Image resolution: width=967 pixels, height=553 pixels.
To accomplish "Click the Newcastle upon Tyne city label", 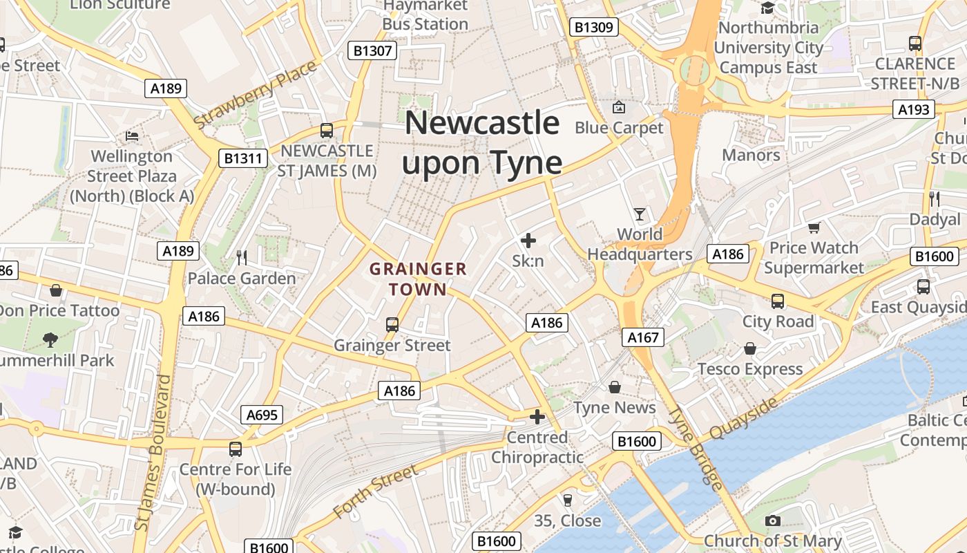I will [482, 143].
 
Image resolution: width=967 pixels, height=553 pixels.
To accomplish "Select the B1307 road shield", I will [373, 50].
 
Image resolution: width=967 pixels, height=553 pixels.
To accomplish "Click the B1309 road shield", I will [594, 28].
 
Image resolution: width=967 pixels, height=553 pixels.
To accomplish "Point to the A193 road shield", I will [913, 109].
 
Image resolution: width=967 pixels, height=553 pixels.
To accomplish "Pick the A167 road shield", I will [643, 337].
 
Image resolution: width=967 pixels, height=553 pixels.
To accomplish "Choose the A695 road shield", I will [262, 415].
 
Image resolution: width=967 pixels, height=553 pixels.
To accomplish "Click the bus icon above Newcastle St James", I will [327, 131].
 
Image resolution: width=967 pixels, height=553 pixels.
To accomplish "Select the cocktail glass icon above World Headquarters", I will [640, 214].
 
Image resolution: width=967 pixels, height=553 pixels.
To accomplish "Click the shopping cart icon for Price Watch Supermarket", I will [814, 227].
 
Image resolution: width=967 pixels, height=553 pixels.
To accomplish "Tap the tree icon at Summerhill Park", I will [50, 339].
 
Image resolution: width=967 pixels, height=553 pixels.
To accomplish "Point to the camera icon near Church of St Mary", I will [773, 521].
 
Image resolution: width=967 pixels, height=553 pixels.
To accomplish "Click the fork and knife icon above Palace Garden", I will [242, 258].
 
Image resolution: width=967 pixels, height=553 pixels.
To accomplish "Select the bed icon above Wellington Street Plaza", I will [132, 135].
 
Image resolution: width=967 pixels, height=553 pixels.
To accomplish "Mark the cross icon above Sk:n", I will [528, 241].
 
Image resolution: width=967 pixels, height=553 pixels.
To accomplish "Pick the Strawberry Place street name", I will [255, 95].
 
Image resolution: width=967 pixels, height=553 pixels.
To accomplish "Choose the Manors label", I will [751, 155].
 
